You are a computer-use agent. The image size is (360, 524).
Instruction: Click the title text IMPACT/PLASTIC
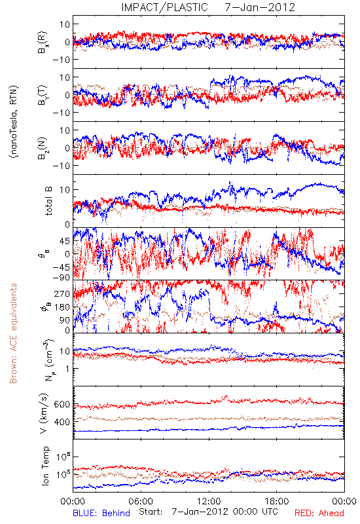[x=164, y=7]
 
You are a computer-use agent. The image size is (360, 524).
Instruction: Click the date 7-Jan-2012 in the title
[x=260, y=7]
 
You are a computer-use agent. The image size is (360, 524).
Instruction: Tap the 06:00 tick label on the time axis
[x=141, y=501]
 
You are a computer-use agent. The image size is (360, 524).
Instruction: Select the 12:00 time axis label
[x=209, y=501]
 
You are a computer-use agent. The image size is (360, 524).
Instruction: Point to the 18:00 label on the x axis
[x=277, y=501]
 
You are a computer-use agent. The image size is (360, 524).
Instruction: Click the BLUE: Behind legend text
[x=101, y=513]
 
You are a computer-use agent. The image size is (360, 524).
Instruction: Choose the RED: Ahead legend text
[x=319, y=513]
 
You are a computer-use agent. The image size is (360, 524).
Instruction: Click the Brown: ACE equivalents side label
[x=13, y=333]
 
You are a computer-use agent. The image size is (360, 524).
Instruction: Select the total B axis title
[x=48, y=201]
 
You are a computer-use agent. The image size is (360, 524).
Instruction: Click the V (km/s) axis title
[x=44, y=413]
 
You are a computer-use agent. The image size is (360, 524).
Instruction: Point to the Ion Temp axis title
[x=45, y=466]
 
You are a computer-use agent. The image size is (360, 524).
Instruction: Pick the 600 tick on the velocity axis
[x=62, y=404]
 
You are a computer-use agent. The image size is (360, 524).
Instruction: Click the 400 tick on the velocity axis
[x=62, y=422]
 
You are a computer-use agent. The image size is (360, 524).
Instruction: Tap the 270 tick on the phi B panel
[x=62, y=293]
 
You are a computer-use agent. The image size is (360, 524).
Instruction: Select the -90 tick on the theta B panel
[x=62, y=277]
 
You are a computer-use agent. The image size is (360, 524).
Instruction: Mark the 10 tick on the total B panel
[x=65, y=190]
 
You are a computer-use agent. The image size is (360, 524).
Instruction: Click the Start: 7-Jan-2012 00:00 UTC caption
[x=208, y=512]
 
